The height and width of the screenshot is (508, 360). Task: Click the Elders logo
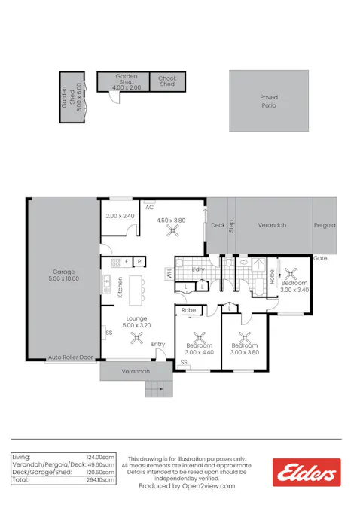(x=306, y=472)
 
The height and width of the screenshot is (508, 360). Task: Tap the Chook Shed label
(x=167, y=81)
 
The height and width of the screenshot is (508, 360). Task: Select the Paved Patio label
(x=269, y=102)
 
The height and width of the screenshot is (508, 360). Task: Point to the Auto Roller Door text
(x=70, y=357)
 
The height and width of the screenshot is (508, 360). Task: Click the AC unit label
(x=150, y=207)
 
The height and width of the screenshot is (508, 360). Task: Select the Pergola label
(x=325, y=225)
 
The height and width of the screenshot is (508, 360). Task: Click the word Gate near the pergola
(x=321, y=257)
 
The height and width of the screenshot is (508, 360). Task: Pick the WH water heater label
(x=169, y=274)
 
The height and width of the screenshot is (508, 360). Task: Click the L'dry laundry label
(x=199, y=269)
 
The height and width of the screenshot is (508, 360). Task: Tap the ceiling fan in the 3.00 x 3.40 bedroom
(x=290, y=275)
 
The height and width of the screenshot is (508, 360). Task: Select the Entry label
(x=157, y=345)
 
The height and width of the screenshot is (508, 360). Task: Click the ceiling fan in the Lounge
(x=136, y=337)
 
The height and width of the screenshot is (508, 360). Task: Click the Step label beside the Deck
(x=232, y=225)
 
